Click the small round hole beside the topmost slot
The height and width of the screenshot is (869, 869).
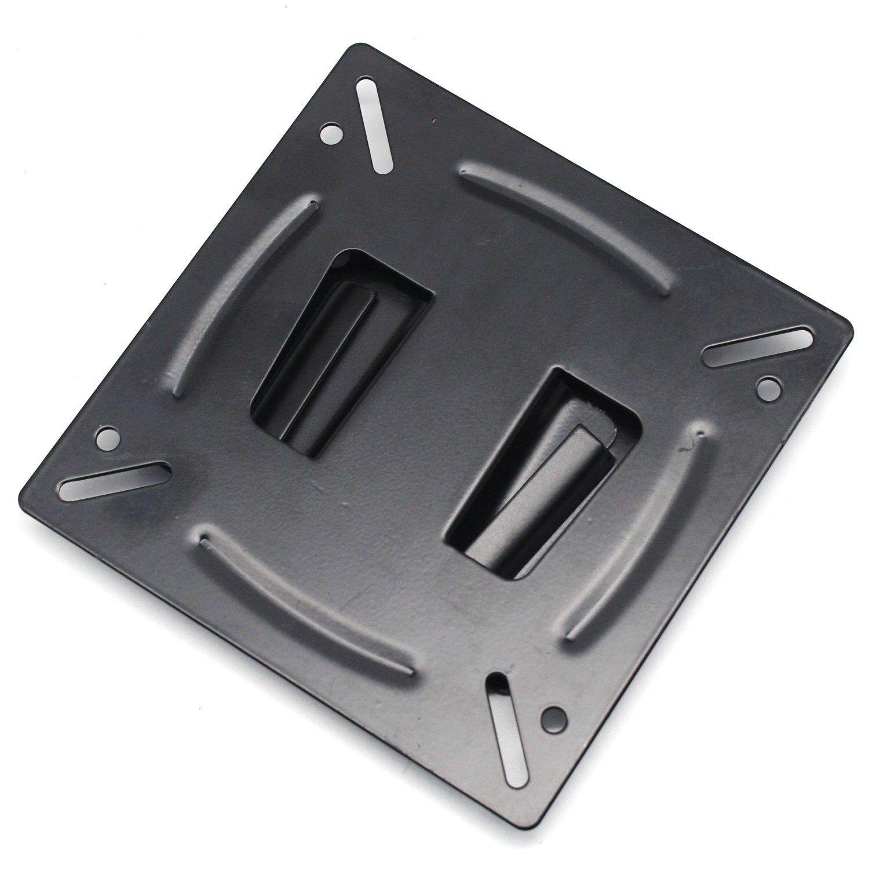(x=331, y=134)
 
